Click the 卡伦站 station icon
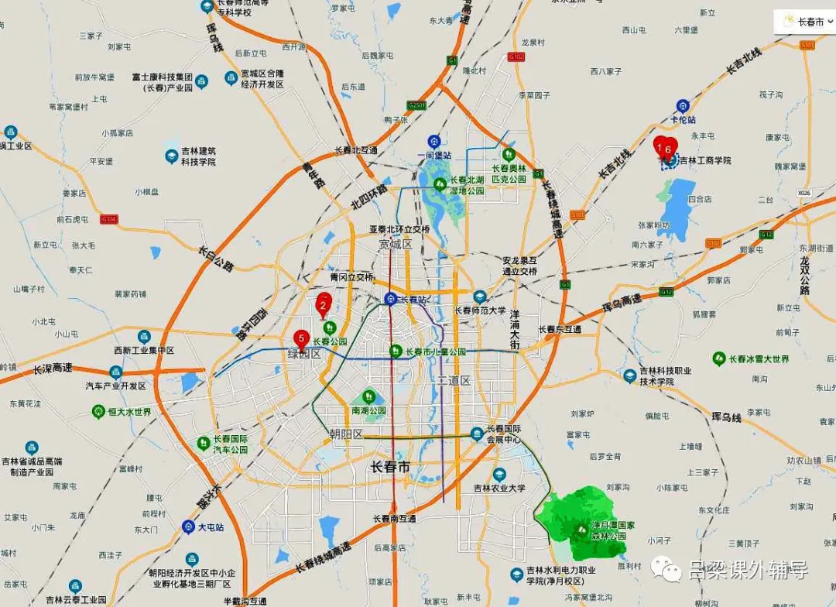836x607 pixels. point(682,105)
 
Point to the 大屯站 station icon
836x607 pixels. point(188,526)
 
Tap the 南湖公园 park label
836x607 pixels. point(368,410)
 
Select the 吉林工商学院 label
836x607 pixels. point(705,160)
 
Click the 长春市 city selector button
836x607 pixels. point(804,22)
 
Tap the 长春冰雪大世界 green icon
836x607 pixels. point(718,359)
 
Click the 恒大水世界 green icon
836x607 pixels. point(98,411)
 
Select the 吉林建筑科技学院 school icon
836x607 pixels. point(171,156)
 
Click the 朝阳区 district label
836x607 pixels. point(345,434)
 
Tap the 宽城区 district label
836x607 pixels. point(395,245)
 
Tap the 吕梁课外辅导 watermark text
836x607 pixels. point(748,571)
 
